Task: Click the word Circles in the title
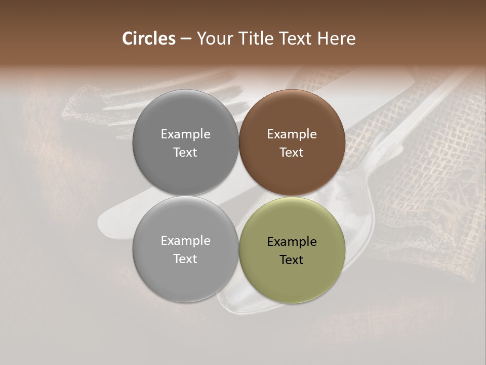(x=149, y=39)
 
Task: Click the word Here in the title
(x=337, y=39)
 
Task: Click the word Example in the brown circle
(x=292, y=134)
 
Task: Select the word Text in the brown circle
(x=292, y=153)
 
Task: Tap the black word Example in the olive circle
(x=292, y=242)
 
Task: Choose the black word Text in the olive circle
(x=292, y=260)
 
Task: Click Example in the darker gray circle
(x=185, y=134)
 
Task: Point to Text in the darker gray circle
(x=185, y=153)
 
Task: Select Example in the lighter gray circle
(x=185, y=241)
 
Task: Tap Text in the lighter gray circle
(x=185, y=259)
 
